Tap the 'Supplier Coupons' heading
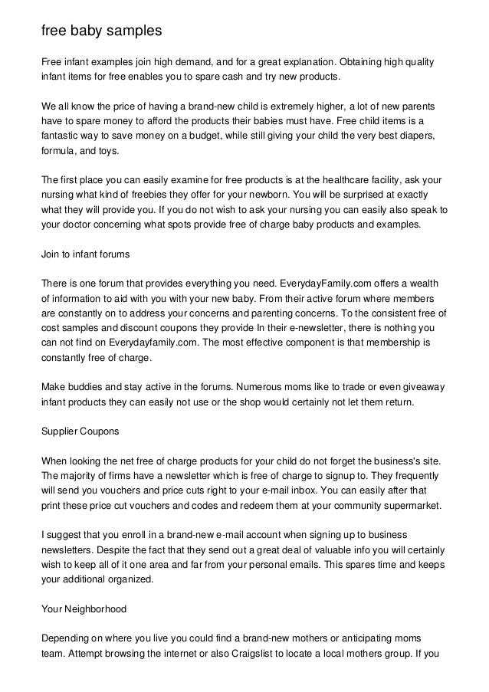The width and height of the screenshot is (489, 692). point(79,431)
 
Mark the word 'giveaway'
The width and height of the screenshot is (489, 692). point(422,387)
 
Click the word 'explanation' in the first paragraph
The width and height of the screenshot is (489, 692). point(287,61)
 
